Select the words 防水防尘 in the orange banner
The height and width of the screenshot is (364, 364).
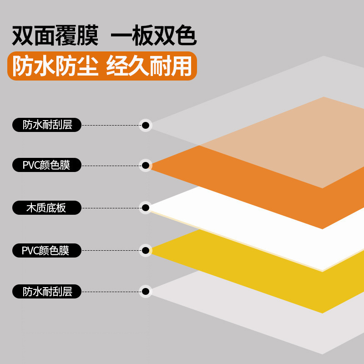(55, 67)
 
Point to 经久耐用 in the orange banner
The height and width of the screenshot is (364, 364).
(149, 67)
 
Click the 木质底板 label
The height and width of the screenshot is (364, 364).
(46, 208)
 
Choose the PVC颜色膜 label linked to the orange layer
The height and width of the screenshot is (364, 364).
(46, 165)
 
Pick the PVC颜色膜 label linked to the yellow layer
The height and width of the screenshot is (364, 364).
(46, 250)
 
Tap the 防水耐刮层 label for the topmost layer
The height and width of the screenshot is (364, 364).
(46, 125)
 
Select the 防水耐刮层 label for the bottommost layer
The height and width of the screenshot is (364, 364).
(46, 292)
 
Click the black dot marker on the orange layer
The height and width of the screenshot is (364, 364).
(146, 165)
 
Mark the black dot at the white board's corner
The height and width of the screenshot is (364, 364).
(146, 208)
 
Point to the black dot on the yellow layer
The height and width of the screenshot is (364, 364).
(146, 250)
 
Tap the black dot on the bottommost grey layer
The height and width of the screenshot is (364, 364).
(146, 292)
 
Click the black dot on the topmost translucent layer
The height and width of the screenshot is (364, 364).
(146, 125)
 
